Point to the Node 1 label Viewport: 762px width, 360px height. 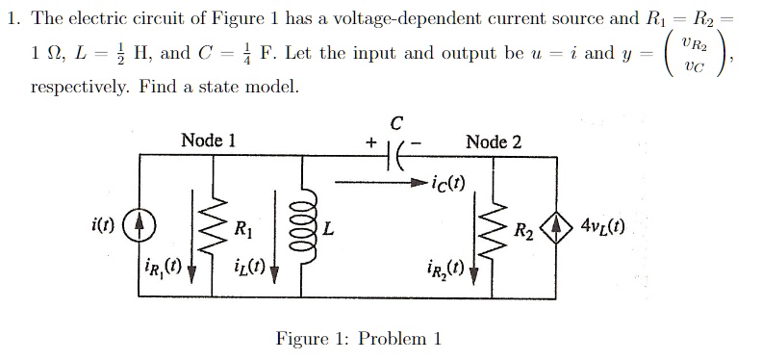(x=208, y=140)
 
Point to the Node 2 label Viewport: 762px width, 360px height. (x=494, y=141)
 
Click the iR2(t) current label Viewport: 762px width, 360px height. (x=447, y=269)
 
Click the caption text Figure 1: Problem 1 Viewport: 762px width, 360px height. (x=359, y=338)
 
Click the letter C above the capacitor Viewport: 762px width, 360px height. (x=396, y=121)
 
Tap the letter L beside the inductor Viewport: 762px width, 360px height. (x=330, y=229)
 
